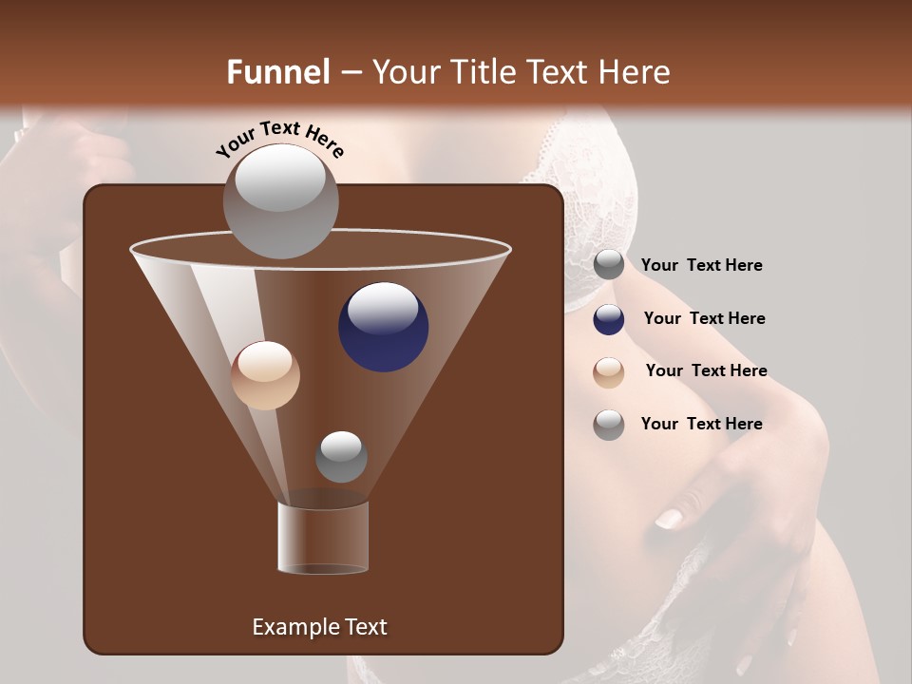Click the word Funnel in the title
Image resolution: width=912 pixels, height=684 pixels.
click(x=277, y=72)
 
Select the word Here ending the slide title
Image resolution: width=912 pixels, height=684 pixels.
click(x=634, y=72)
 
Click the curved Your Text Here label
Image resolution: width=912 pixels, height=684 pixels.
click(x=279, y=139)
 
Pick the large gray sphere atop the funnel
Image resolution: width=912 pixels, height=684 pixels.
click(x=280, y=201)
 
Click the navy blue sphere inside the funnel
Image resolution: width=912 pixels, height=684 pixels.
click(x=383, y=327)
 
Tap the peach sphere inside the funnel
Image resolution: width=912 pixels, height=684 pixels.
click(x=265, y=375)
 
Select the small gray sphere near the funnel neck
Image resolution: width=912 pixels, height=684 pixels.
click(x=341, y=456)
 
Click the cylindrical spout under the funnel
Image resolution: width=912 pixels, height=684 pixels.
click(x=323, y=538)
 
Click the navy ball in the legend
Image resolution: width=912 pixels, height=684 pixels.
click(x=609, y=319)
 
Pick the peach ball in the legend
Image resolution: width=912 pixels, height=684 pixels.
click(x=609, y=372)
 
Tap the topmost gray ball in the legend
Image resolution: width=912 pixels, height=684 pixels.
click(x=609, y=265)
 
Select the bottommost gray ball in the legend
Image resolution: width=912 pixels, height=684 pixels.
click(x=609, y=425)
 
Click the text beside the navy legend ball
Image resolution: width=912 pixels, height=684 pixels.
click(x=704, y=318)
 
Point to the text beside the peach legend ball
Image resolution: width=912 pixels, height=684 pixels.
click(x=706, y=370)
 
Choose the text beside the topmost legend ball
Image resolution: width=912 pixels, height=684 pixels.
click(x=701, y=265)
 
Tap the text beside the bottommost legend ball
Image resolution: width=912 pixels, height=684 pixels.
click(x=701, y=424)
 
